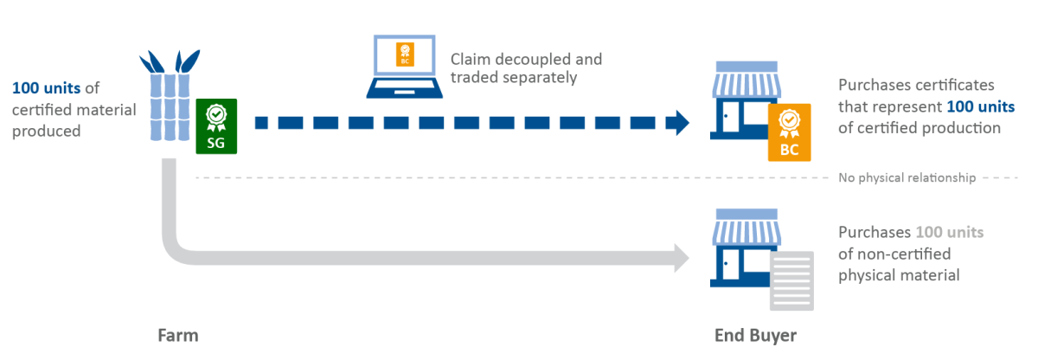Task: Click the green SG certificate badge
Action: click(x=216, y=126)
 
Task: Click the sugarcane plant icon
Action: click(x=169, y=95)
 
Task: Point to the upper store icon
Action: click(x=740, y=100)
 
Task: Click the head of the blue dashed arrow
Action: click(x=679, y=123)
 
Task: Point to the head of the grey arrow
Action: click(x=679, y=256)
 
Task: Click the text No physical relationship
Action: click(x=907, y=178)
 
